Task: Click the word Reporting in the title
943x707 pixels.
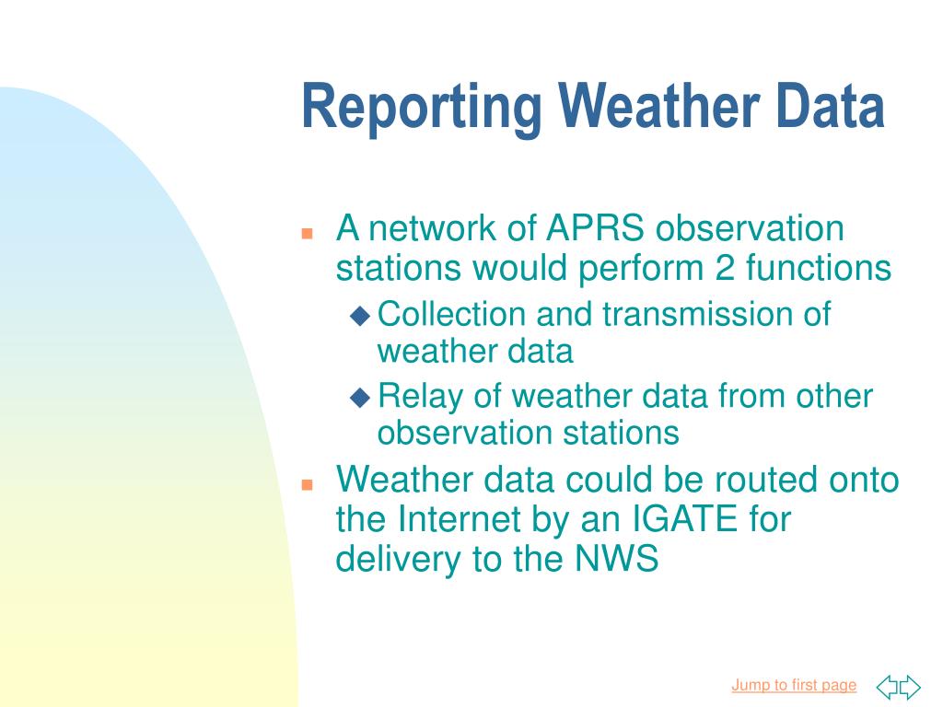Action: [x=422, y=109]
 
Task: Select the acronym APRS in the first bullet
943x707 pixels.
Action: [x=595, y=228]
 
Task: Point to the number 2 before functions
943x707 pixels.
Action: [x=725, y=268]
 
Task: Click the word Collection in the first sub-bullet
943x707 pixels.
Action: [x=451, y=314]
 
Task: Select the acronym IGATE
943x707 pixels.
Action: [x=685, y=519]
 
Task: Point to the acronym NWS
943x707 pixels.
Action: [x=616, y=559]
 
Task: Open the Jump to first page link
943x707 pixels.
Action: [x=794, y=685]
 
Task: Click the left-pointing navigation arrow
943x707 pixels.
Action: [x=887, y=687]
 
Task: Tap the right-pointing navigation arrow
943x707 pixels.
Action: [x=910, y=687]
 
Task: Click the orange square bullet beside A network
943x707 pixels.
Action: [x=308, y=233]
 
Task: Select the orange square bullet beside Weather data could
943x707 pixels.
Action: [x=308, y=484]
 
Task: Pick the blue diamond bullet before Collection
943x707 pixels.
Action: [x=360, y=316]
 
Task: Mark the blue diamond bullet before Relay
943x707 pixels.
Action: [x=360, y=398]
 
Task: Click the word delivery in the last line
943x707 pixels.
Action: [x=398, y=560]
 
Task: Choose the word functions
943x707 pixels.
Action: [x=819, y=268]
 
